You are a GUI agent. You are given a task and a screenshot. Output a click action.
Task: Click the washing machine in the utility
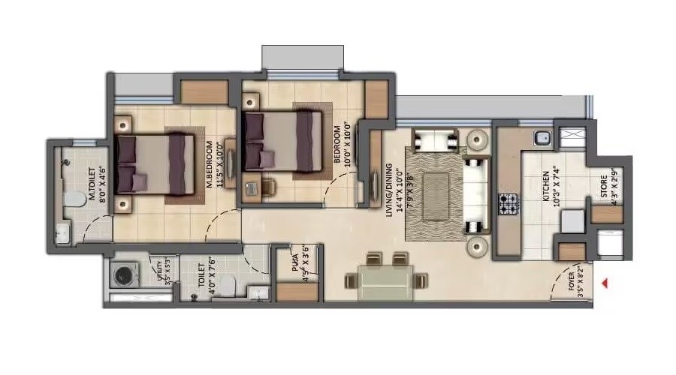122,275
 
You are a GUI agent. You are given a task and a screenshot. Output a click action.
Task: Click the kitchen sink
541,137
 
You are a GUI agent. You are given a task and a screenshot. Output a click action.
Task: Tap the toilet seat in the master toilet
72,199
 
